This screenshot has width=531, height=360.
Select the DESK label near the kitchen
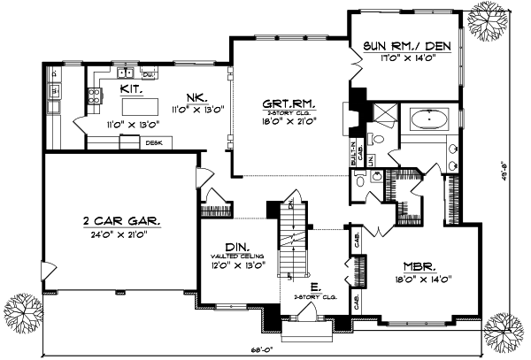(x=153, y=142)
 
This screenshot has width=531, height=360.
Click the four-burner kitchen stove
(x=94, y=97)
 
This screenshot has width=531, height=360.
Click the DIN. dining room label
(x=235, y=249)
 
